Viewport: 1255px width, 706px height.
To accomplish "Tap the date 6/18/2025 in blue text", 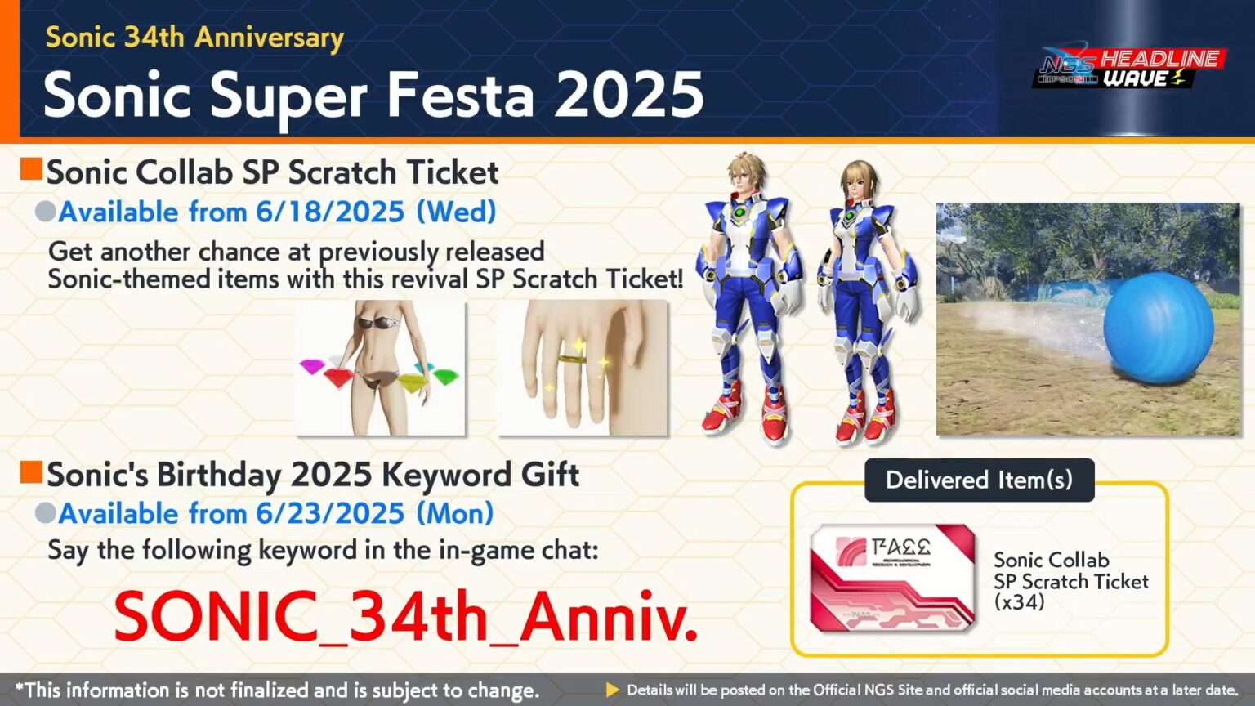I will click(x=330, y=212).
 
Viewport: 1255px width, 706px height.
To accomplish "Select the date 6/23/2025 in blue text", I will click(x=330, y=514).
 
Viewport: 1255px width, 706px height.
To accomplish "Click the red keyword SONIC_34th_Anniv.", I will click(x=405, y=616).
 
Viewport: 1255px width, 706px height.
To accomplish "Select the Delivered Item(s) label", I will click(x=979, y=480).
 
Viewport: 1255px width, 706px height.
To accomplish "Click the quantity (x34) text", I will click(x=1020, y=603).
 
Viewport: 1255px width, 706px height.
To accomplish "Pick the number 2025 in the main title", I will click(x=627, y=96).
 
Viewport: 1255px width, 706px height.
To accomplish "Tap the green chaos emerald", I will click(x=445, y=376).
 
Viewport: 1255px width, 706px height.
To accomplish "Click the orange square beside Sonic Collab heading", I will click(x=31, y=169).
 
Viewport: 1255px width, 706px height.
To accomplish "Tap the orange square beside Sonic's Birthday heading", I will click(x=31, y=471).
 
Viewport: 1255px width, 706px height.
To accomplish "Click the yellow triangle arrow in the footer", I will click(x=612, y=690).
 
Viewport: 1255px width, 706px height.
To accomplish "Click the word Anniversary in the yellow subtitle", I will click(x=270, y=38).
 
